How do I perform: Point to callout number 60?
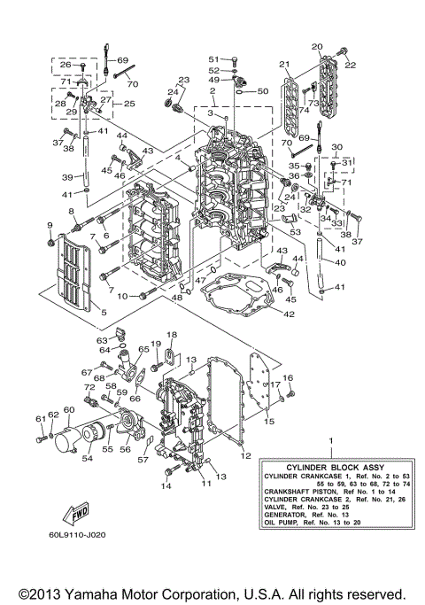(67, 409)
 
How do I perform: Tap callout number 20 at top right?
(317, 46)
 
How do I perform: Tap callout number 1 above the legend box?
(330, 442)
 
